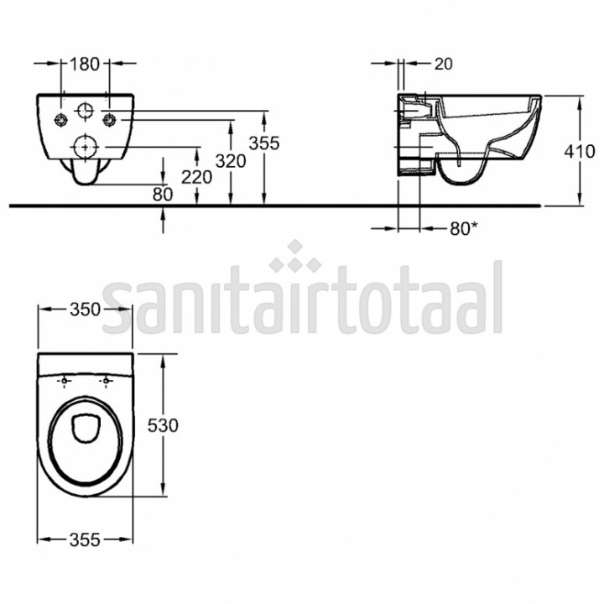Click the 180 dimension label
85,64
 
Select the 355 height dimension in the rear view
264,143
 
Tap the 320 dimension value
231,161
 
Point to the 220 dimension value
197,177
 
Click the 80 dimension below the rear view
163,195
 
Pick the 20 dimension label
444,64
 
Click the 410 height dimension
580,151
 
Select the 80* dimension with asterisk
464,229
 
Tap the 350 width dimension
85,310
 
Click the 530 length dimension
163,425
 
